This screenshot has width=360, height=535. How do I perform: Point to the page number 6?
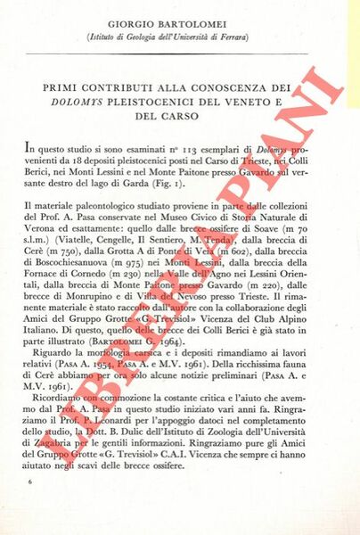point(30,481)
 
